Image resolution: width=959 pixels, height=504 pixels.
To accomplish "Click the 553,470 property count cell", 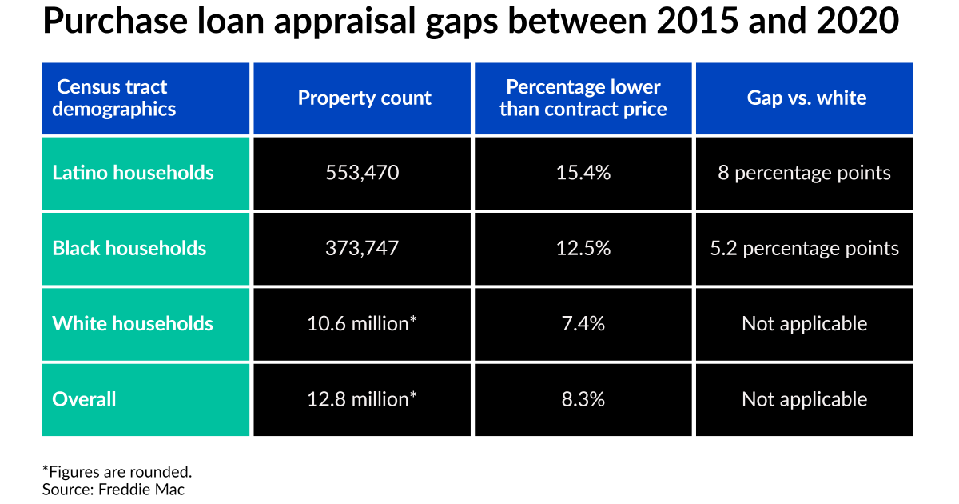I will coord(364,173).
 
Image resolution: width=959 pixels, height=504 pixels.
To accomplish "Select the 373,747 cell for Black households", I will coord(364,248).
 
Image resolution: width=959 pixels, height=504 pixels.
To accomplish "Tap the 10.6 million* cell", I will coord(364,324).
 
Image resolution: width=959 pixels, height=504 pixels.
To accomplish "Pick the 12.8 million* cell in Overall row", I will coord(364,399).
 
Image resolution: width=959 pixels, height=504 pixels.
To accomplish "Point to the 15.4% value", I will coord(583,173).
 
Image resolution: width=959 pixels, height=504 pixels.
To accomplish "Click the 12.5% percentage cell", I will coord(583,248).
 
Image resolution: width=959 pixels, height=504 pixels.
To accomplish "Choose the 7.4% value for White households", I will coord(583,324).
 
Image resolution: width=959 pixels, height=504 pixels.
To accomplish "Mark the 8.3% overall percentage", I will coord(583,399).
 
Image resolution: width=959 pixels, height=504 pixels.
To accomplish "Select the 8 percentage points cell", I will coord(804,173).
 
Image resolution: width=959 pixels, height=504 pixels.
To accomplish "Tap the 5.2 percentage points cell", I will coord(804,248).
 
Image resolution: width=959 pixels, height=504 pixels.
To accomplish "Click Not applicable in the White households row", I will coord(804,324).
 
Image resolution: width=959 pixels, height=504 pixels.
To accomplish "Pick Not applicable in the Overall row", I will coord(804,399).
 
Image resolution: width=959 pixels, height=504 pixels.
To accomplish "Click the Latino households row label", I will coord(133,173).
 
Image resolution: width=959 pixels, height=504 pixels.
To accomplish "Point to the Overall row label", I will coord(85,399).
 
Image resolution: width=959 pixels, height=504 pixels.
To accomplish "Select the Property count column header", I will coord(364,98).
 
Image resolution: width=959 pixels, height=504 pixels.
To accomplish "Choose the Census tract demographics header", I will coord(114,98).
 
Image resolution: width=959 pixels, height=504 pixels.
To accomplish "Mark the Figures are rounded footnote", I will coord(117,471).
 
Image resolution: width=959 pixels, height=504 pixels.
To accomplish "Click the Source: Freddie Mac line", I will coord(113,490).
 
